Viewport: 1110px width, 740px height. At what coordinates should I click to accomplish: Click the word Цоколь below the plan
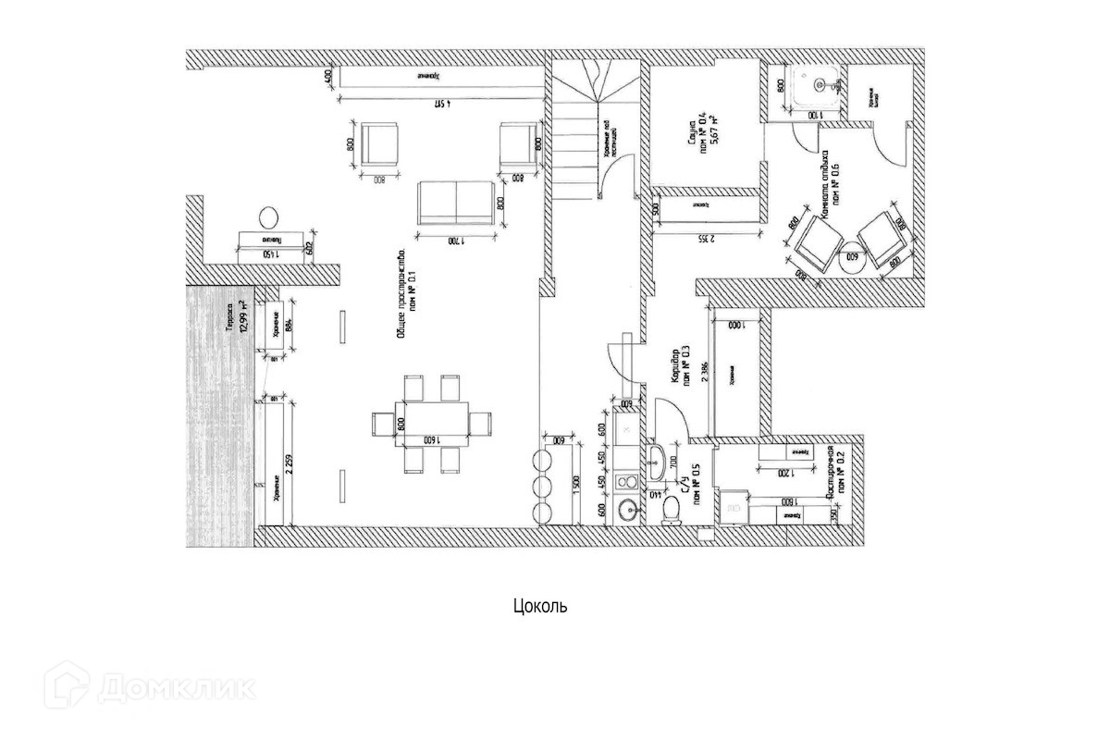click(x=539, y=607)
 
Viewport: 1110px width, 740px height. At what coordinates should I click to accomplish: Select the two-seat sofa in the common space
click(x=455, y=202)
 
